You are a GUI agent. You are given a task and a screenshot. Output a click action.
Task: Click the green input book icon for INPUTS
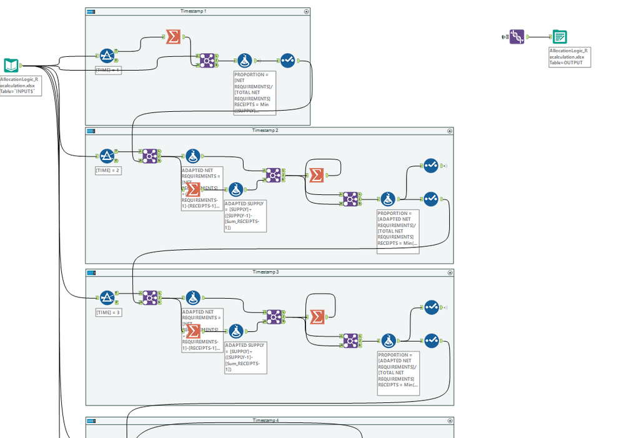(x=11, y=65)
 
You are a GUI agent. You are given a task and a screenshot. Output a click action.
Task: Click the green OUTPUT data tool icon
(x=560, y=37)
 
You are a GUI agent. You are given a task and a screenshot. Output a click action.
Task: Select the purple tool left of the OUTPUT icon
(x=517, y=37)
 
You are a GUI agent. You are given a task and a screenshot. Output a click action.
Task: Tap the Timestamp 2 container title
(x=265, y=131)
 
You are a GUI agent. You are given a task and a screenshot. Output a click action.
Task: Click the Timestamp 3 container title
(x=265, y=272)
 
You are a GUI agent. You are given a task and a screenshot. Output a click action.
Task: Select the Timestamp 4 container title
(x=265, y=421)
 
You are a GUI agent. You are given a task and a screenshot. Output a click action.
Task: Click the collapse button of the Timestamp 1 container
(x=306, y=11)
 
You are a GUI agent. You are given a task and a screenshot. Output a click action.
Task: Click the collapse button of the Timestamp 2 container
(x=450, y=131)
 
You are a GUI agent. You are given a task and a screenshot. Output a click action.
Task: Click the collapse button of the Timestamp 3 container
(x=450, y=272)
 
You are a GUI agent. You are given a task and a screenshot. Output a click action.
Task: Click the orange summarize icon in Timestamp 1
(x=173, y=37)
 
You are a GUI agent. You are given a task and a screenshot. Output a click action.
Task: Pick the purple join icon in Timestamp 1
(x=207, y=61)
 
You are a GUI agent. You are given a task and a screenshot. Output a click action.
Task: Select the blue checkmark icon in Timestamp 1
(x=287, y=61)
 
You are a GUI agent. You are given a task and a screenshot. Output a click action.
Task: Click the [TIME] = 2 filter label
(x=108, y=171)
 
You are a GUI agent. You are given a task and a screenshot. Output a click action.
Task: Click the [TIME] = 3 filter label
(x=108, y=312)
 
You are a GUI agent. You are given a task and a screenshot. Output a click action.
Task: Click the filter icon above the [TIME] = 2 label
(x=107, y=156)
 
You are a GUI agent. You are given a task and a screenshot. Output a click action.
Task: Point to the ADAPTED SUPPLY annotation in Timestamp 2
(x=245, y=216)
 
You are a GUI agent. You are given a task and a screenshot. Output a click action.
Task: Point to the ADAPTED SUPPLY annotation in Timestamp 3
(x=245, y=357)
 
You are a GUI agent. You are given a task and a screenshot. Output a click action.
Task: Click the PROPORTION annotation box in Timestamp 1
(x=254, y=92)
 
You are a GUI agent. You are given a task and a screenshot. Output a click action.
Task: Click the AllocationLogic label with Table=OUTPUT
(x=570, y=56)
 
